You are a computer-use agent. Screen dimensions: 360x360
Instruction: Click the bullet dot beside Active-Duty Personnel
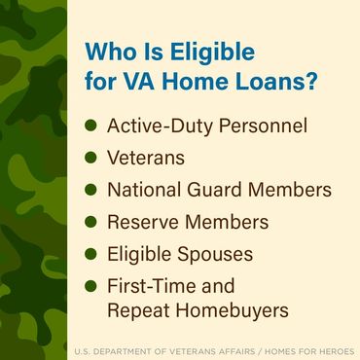click(x=91, y=126)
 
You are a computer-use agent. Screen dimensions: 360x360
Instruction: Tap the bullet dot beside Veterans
click(x=91, y=158)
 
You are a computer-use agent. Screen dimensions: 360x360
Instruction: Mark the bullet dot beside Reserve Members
click(x=91, y=222)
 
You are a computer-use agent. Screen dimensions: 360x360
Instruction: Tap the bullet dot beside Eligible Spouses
click(x=91, y=254)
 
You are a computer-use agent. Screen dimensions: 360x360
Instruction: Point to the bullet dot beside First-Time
click(x=91, y=286)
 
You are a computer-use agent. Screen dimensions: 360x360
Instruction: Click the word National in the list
click(x=148, y=190)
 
